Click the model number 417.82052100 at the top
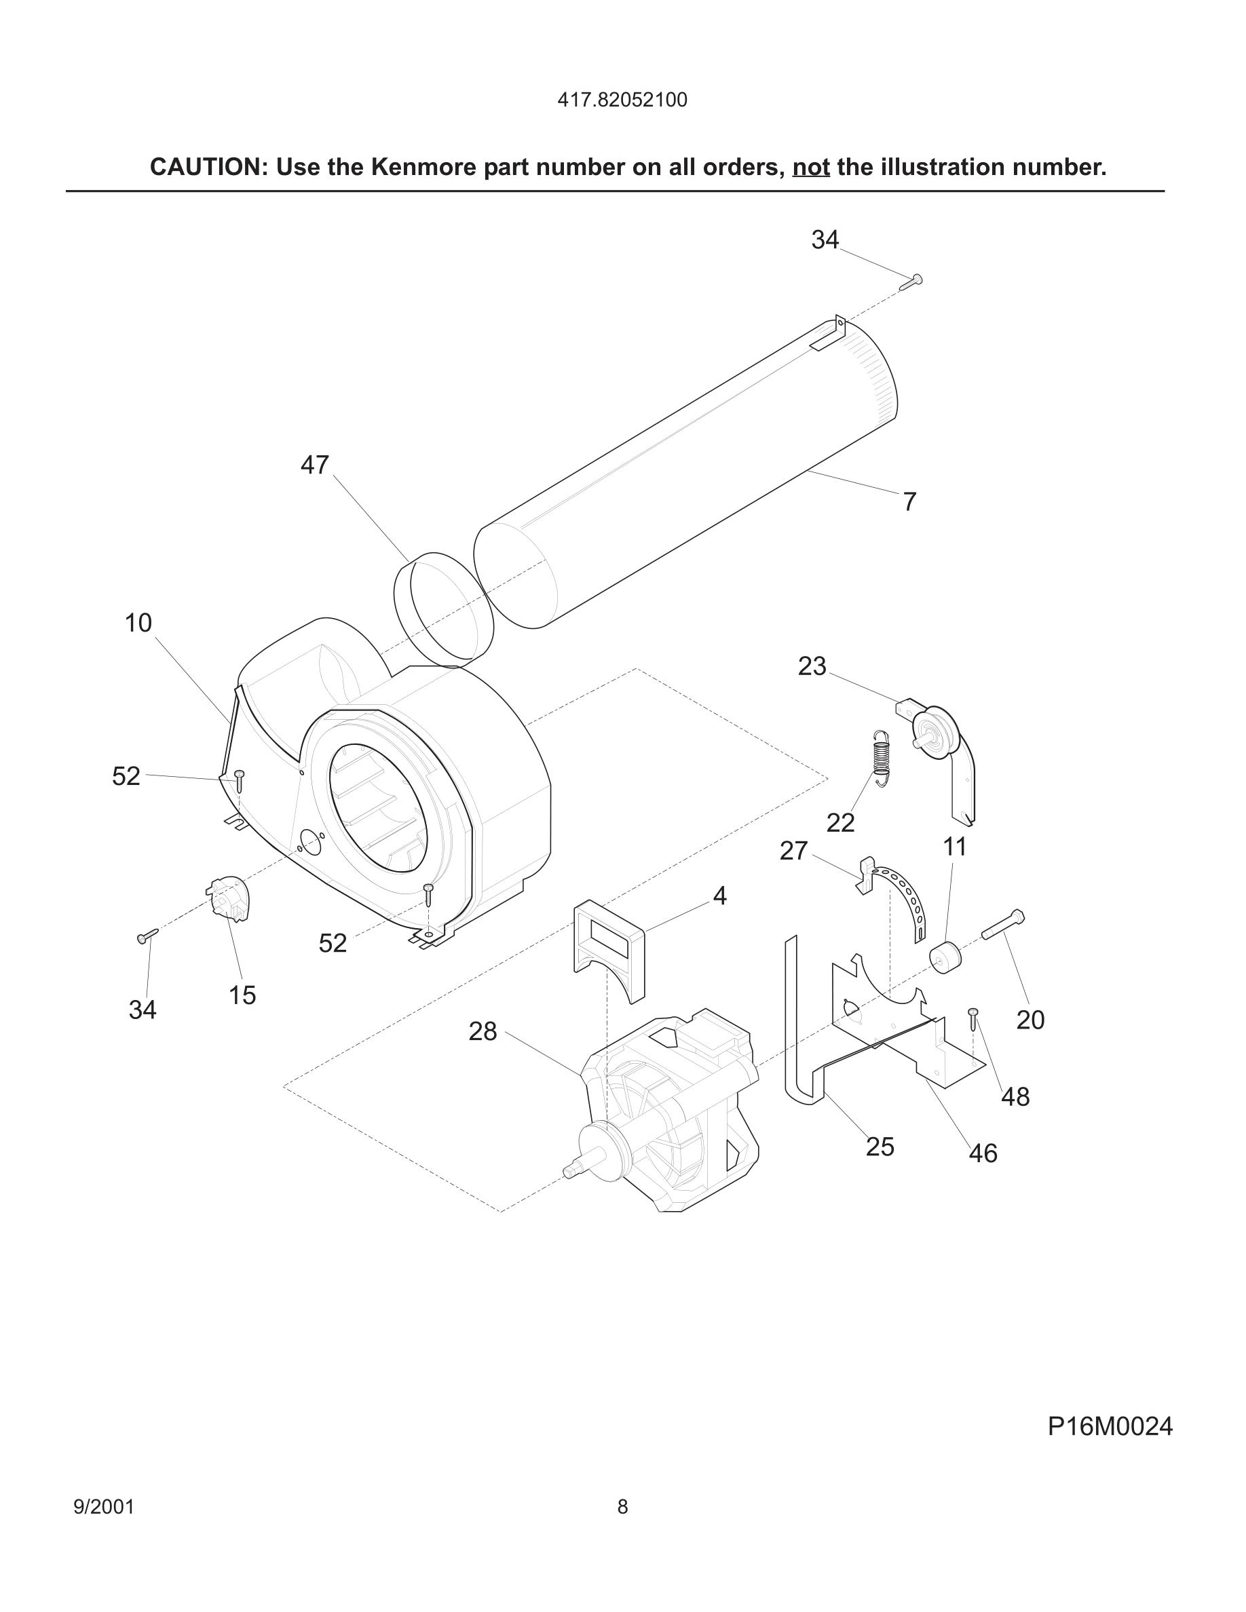pyautogui.click(x=622, y=100)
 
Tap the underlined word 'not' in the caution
pyautogui.click(x=810, y=168)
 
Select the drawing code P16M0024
pyautogui.click(x=1110, y=1427)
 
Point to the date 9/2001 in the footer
pyautogui.click(x=104, y=1506)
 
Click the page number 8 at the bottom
pyautogui.click(x=622, y=1506)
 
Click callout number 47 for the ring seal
pyautogui.click(x=314, y=465)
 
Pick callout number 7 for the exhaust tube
pyautogui.click(x=909, y=502)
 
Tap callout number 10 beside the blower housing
pyautogui.click(x=138, y=623)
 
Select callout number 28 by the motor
pyautogui.click(x=483, y=1031)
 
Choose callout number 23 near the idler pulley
pyautogui.click(x=812, y=666)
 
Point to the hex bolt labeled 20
pyautogui.click(x=1003, y=925)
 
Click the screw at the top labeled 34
pyautogui.click(x=911, y=281)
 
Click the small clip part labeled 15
pyautogui.click(x=229, y=898)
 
